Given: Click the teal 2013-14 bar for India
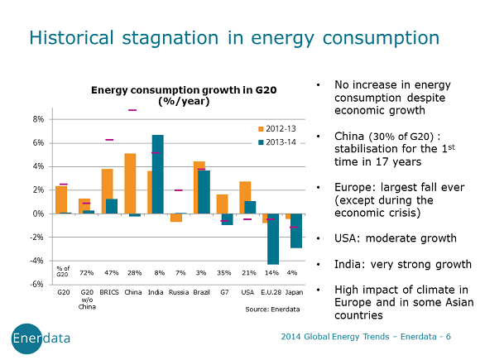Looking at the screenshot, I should tap(158, 174).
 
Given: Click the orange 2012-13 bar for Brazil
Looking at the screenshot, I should tap(199, 187).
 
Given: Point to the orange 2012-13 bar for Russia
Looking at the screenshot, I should tap(175, 218).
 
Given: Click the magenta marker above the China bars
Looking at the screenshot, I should tap(131, 109).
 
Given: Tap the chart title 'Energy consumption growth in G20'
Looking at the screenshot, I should tap(172, 90).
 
